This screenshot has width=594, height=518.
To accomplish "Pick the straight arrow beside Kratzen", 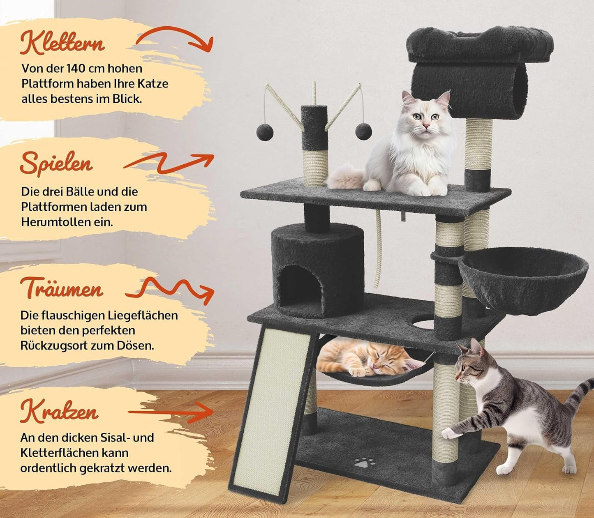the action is tap(171, 412).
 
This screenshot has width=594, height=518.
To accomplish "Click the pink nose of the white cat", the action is tap(425, 126).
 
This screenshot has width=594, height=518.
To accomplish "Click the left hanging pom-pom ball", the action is tap(265, 132).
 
